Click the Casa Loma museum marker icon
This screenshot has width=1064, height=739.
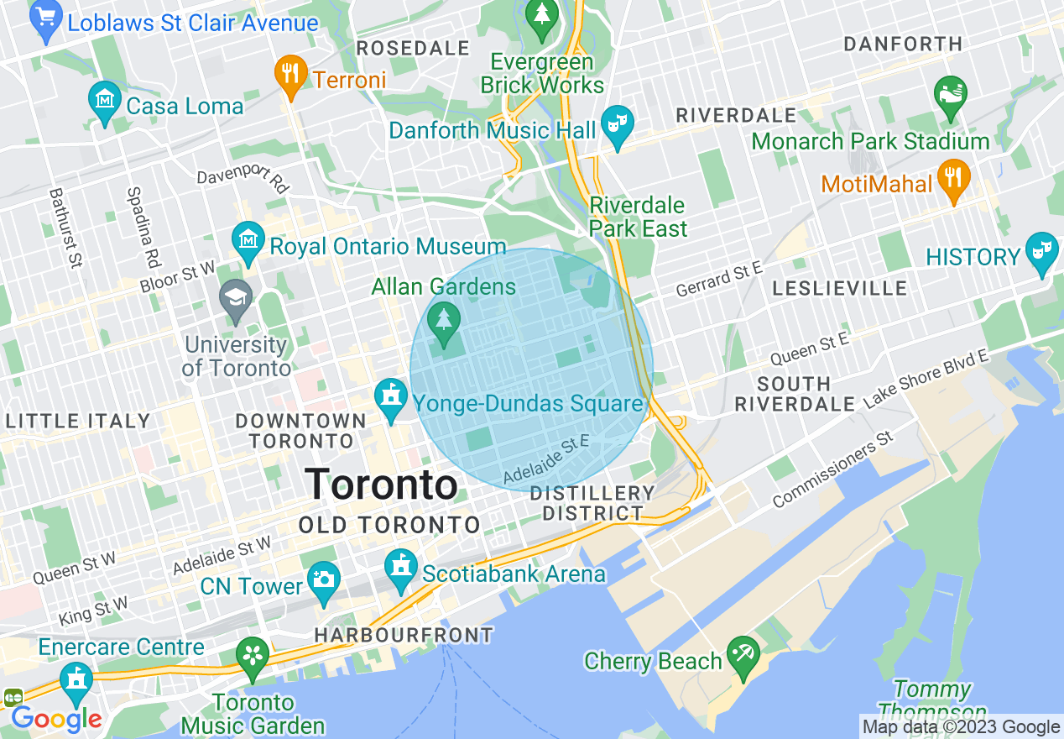tap(104, 103)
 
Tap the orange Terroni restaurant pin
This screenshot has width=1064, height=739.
tap(290, 75)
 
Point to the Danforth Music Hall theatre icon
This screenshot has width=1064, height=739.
tap(618, 126)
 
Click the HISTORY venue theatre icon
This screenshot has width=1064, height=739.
tap(1041, 253)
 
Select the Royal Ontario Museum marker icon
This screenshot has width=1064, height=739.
tap(248, 243)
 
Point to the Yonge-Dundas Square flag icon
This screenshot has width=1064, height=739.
tap(390, 400)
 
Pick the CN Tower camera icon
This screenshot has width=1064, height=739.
tap(323, 579)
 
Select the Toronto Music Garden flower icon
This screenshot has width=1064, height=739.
tap(252, 657)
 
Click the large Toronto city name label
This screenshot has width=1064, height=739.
tap(381, 485)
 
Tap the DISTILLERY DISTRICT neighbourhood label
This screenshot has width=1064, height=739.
tap(592, 503)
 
